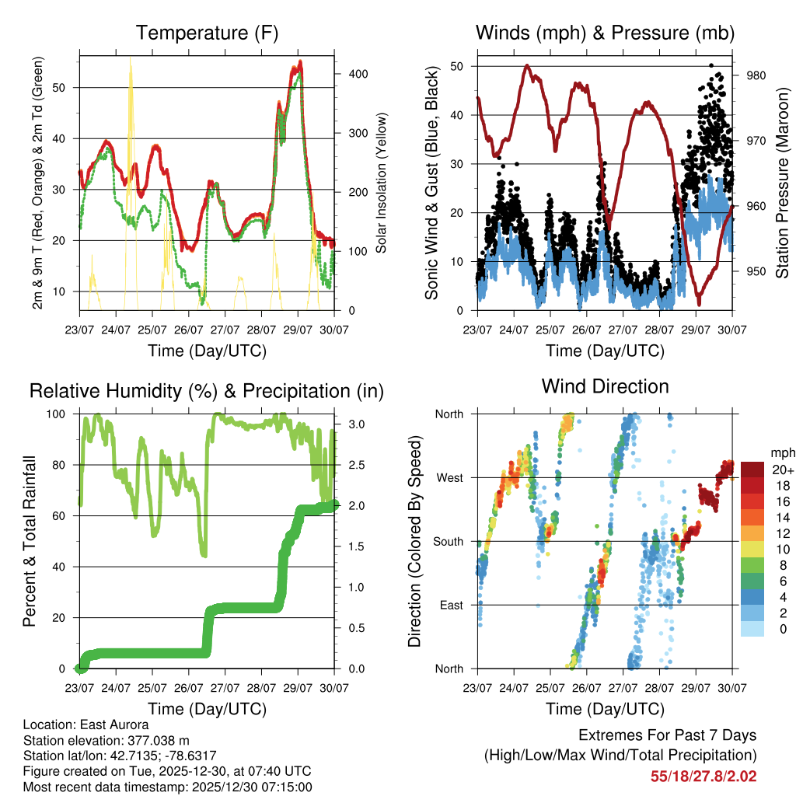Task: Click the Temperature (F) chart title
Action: click(207, 33)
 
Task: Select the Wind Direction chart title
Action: click(605, 386)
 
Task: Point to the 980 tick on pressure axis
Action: click(756, 75)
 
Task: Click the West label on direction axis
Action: click(449, 477)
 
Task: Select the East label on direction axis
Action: click(450, 605)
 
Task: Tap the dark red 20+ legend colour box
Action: click(753, 470)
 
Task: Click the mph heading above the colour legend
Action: click(783, 452)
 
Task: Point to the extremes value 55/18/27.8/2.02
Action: click(703, 776)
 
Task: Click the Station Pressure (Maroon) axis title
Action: click(781, 183)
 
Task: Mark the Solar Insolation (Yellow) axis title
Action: click(382, 183)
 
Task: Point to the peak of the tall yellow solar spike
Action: click(130, 61)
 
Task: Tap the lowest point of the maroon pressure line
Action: click(698, 304)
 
